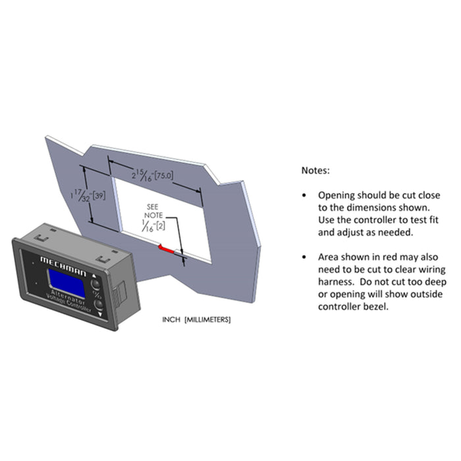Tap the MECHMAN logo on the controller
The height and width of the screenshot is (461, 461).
[65, 262]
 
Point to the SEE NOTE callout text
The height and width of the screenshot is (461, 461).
[153, 209]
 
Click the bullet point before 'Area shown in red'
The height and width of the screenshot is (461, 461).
[304, 257]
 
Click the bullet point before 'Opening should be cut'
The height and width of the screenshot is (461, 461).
[304, 196]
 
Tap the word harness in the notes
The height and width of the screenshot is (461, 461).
[336, 281]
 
